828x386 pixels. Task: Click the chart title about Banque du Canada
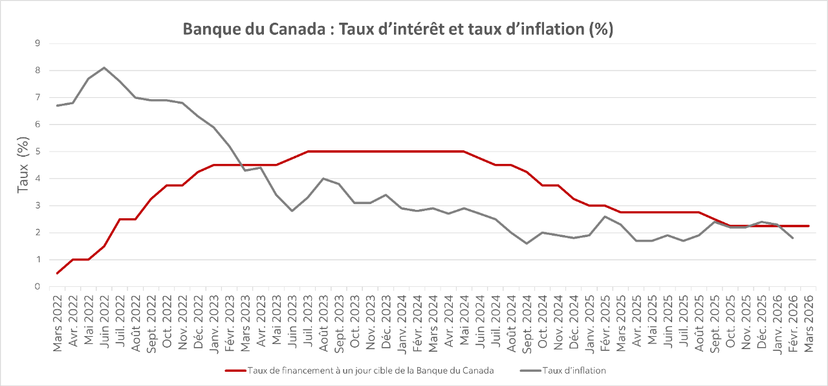point(398,30)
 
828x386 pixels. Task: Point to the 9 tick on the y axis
point(38,43)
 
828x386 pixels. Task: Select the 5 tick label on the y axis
point(38,152)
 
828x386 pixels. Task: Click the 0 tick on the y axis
point(38,286)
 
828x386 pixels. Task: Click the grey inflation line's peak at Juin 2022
point(105,67)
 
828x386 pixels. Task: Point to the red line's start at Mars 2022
point(58,273)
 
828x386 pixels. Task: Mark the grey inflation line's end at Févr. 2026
point(792,238)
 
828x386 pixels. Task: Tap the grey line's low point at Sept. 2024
point(527,244)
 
